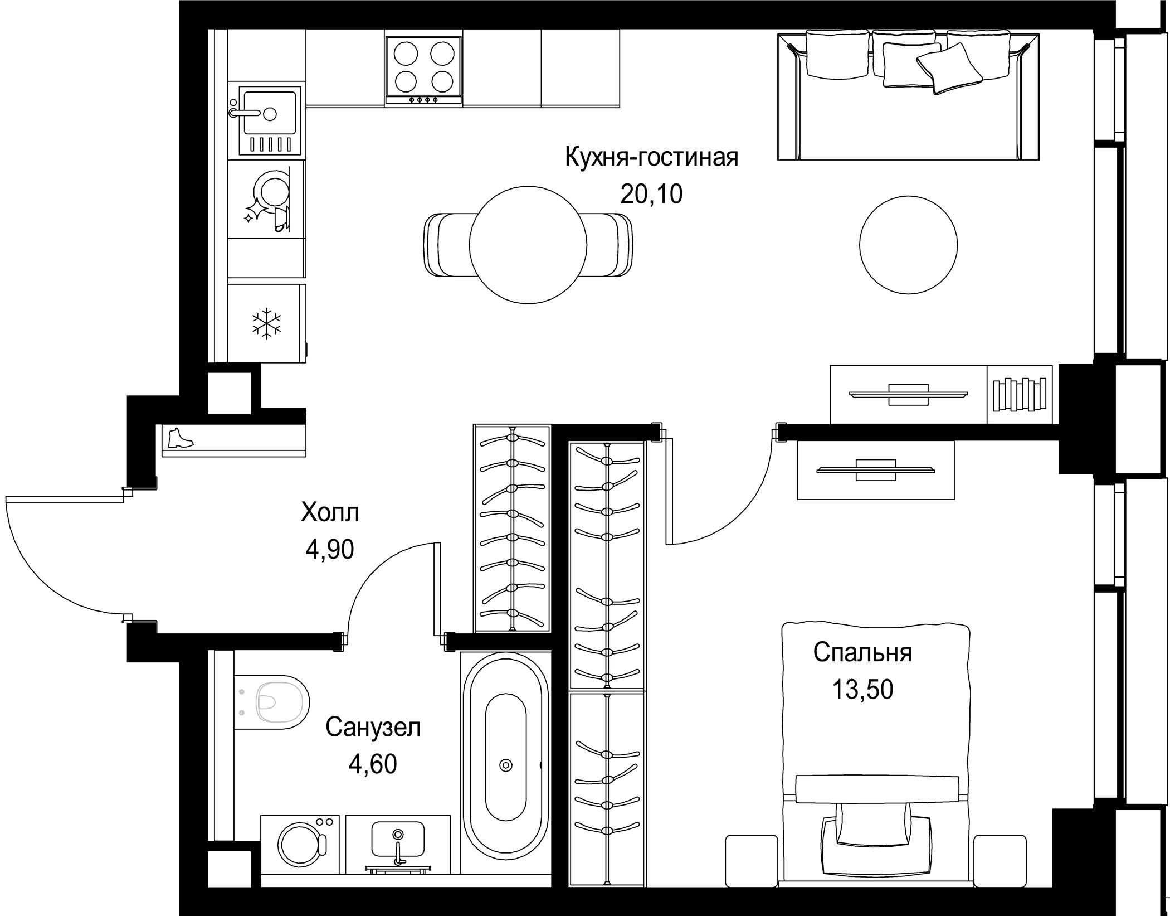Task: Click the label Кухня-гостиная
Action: pos(651,157)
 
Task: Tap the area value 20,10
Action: pos(651,194)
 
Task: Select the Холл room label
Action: pos(330,512)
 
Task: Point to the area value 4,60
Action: pos(373,764)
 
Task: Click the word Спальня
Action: pos(862,652)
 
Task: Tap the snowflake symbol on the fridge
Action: pos(267,323)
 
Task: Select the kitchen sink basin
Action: pos(270,120)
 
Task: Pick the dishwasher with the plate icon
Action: pos(267,199)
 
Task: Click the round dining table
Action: pos(528,245)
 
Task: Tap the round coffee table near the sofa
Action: pos(908,245)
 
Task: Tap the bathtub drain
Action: pos(506,765)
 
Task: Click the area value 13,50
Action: pos(862,690)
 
